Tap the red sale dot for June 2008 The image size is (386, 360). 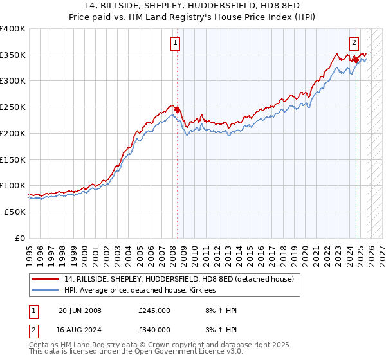click(x=178, y=109)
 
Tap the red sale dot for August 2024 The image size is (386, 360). click(x=355, y=60)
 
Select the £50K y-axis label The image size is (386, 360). click(x=15, y=212)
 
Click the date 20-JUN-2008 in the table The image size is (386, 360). click(x=80, y=310)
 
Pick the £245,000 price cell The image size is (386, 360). click(x=154, y=310)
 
